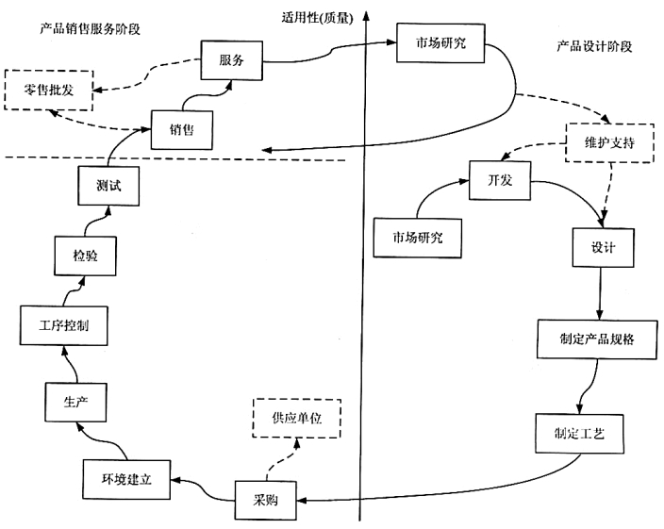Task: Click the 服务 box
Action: coord(230,60)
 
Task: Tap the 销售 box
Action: coord(182,129)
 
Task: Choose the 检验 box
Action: coord(83,255)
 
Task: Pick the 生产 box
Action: coord(75,401)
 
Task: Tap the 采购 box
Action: coord(264,499)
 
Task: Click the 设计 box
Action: coord(603,247)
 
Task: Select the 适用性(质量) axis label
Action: coord(316,18)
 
